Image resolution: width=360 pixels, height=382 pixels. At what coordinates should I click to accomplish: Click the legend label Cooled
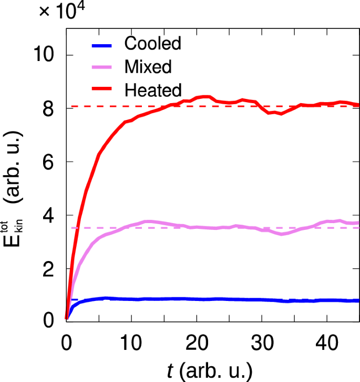click(153, 43)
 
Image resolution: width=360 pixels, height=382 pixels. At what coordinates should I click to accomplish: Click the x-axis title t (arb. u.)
click(210, 370)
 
